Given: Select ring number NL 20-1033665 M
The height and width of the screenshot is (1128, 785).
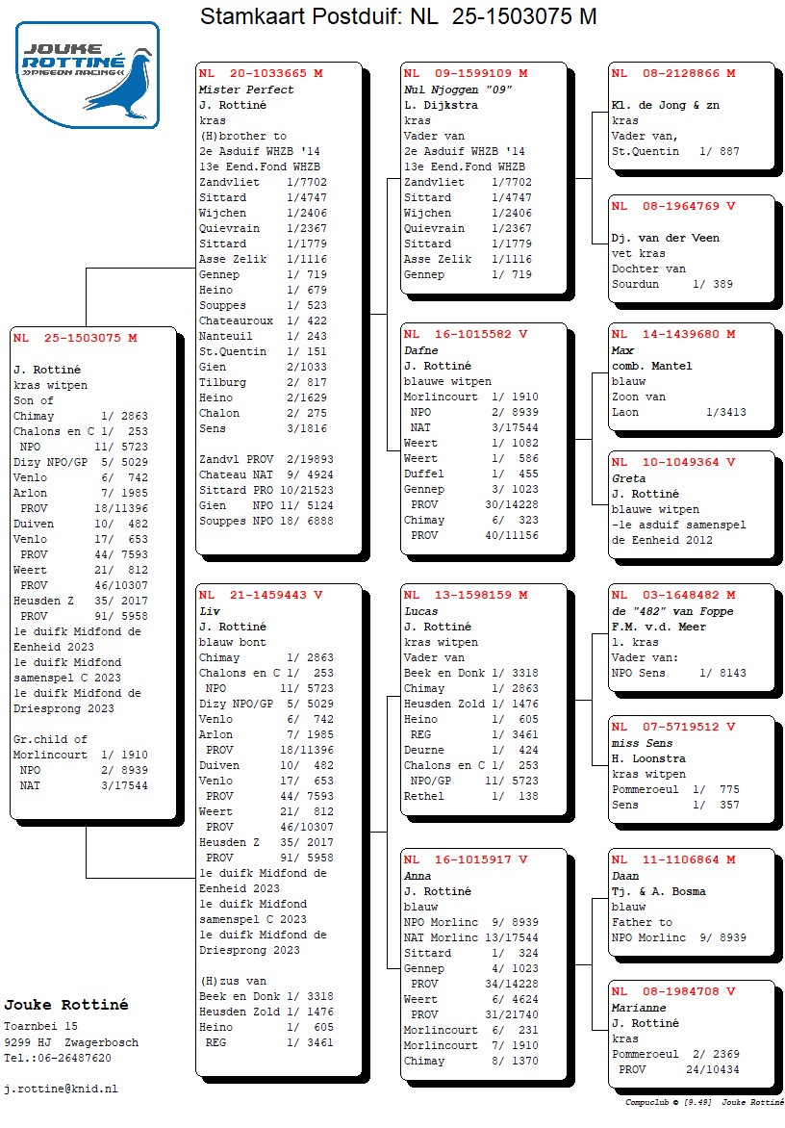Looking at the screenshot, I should click(x=261, y=73).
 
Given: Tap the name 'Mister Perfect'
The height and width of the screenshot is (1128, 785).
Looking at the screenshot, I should click(x=246, y=90).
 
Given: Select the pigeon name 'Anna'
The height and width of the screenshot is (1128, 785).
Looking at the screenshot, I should click(x=418, y=876).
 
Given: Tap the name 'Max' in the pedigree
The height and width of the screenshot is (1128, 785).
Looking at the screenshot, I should click(x=622, y=351).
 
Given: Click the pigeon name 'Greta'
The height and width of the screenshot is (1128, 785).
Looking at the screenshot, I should click(x=629, y=478).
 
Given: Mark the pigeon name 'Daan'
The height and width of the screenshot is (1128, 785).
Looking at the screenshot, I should click(x=625, y=877).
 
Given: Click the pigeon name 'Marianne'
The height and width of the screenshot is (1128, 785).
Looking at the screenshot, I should click(x=640, y=1008).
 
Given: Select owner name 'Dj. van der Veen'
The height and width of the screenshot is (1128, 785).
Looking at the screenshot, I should click(x=666, y=238).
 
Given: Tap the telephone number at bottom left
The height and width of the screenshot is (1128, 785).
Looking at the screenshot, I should click(x=57, y=1058).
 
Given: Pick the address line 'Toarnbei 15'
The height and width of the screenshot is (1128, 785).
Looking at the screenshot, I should click(x=41, y=1027).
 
